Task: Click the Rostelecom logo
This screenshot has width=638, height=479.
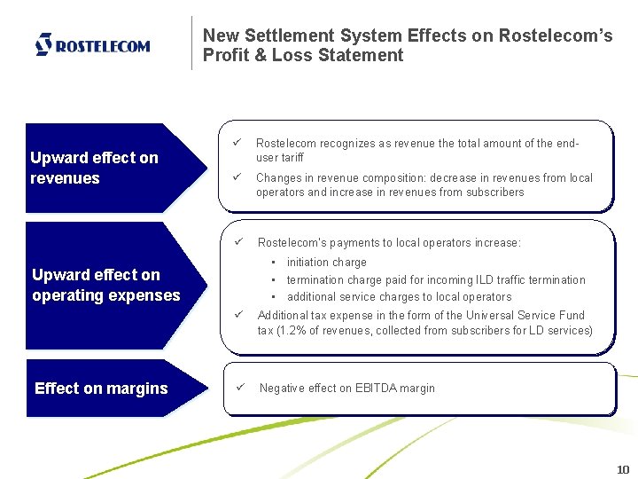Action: (x=92, y=44)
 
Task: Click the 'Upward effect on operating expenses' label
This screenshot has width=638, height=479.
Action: (x=106, y=285)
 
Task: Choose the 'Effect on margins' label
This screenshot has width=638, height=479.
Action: (x=101, y=388)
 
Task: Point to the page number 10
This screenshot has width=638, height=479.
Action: (x=622, y=469)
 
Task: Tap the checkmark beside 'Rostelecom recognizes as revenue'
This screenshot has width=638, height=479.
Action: (x=237, y=143)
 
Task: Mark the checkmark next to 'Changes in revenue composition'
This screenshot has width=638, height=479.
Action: (x=237, y=177)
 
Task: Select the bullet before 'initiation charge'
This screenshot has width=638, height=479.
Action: (x=275, y=263)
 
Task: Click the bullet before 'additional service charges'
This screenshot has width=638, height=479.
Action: (x=275, y=297)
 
